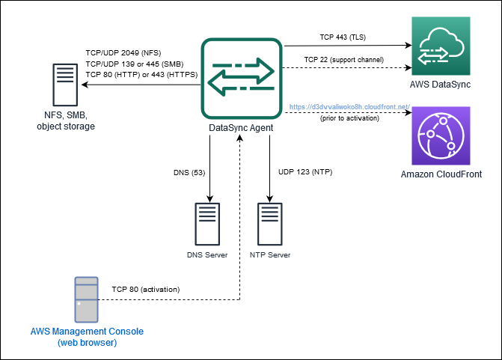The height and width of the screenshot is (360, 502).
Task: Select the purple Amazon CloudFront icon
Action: click(x=439, y=135)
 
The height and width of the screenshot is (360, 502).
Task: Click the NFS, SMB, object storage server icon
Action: click(x=66, y=85)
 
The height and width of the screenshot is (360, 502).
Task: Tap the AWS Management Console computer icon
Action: click(x=86, y=297)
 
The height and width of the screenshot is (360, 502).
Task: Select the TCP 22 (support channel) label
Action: click(x=344, y=59)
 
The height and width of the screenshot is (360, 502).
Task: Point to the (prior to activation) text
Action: click(x=349, y=118)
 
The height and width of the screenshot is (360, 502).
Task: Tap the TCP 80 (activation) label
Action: click(x=146, y=288)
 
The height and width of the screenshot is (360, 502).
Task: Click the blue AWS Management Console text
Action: click(x=86, y=331)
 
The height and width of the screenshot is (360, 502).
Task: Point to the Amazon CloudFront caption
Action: click(x=440, y=174)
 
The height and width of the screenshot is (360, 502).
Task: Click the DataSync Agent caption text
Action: click(x=240, y=128)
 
